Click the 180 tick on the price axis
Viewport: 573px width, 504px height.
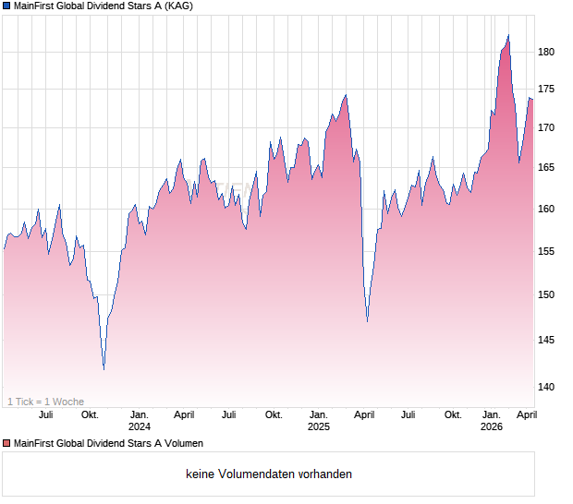(546, 52)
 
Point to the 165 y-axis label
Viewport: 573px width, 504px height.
(546, 167)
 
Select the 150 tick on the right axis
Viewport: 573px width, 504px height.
(546, 294)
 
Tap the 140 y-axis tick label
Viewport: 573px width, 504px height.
(546, 387)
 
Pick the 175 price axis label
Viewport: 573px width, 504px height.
(546, 89)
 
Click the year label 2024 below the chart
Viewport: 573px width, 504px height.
(140, 426)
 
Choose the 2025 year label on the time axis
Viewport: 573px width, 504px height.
(318, 426)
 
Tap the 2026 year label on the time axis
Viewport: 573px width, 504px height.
(492, 426)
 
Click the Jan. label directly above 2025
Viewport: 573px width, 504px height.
(318, 414)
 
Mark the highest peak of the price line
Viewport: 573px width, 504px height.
(508, 35)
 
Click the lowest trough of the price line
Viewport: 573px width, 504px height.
(104, 369)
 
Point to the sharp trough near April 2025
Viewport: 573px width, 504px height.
(367, 321)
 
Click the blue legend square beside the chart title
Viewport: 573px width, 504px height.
(6, 6)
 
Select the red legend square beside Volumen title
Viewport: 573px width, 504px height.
(6, 444)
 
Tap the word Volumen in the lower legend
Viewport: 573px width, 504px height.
(181, 444)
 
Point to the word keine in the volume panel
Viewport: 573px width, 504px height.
(200, 474)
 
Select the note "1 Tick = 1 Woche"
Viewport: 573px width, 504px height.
(45, 402)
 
